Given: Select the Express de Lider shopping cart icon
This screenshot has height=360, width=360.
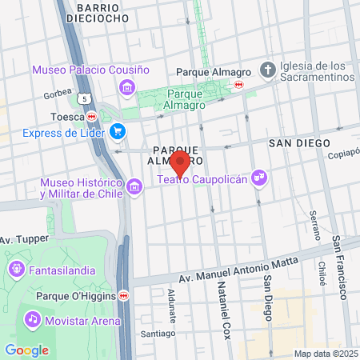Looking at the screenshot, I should [x=118, y=132].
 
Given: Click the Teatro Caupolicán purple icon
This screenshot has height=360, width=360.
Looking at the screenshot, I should [x=258, y=176].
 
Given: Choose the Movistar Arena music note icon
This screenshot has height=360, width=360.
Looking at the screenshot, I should [x=32, y=320].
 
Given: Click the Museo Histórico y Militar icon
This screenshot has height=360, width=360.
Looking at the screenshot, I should [x=134, y=188].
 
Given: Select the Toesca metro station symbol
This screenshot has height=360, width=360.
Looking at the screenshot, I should [x=92, y=116].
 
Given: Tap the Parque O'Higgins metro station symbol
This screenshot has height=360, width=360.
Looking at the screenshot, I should [x=124, y=295].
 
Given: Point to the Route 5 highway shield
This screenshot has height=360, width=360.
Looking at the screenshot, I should [x=86, y=98].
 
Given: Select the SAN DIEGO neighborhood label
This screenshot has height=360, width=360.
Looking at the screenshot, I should [x=299, y=142].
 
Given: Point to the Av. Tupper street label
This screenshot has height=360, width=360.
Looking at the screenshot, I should [x=24, y=238].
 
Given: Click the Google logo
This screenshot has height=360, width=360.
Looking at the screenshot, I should [x=26, y=350].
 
